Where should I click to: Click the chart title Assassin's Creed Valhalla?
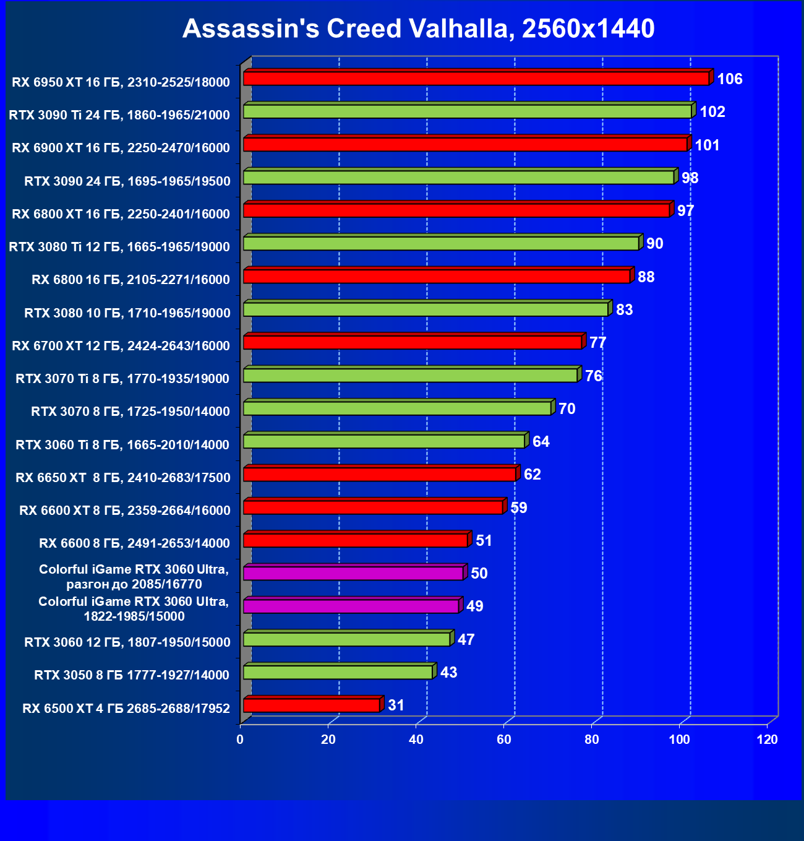[418, 28]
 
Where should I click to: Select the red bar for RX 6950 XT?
[476, 79]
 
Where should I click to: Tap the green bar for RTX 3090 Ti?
[467, 111]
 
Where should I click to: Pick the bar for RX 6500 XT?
[312, 705]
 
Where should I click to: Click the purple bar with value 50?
[353, 574]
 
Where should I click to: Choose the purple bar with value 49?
[351, 606]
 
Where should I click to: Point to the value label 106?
[730, 79]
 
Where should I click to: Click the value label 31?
[396, 705]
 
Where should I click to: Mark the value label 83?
[625, 309]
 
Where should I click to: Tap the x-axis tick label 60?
[504, 740]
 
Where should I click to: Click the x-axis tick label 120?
[768, 740]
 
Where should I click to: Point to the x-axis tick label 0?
[240, 740]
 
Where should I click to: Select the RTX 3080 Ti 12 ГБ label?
[119, 247]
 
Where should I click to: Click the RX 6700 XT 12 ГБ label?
[121, 346]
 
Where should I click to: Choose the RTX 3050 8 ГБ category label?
[132, 675]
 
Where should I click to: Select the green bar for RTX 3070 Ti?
[410, 376]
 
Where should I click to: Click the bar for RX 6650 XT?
[380, 475]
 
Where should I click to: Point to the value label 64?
[541, 442]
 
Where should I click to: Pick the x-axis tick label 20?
[328, 740]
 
